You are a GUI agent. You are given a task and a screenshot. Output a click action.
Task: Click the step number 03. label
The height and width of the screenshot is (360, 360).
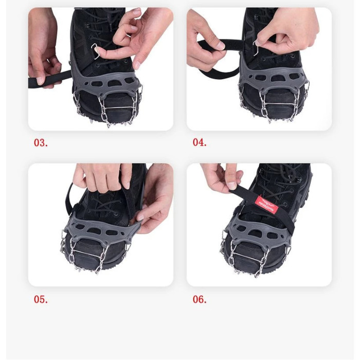coord(41,143)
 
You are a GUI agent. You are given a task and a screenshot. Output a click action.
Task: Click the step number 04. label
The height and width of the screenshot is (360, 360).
coord(200,143)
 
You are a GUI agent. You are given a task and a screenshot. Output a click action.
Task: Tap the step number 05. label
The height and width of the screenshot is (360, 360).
coord(41,299)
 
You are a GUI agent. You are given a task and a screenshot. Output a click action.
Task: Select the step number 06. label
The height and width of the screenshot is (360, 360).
coord(200,299)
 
